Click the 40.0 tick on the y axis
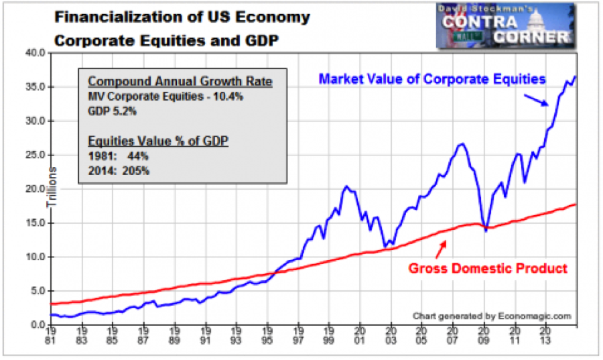36,52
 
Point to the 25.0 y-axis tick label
36,155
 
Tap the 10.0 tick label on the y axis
36,257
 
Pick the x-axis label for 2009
484,335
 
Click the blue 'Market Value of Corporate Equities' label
432,79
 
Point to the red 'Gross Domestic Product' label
488,268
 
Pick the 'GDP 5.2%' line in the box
111,111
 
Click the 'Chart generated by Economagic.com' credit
492,315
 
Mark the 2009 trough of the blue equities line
486,230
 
